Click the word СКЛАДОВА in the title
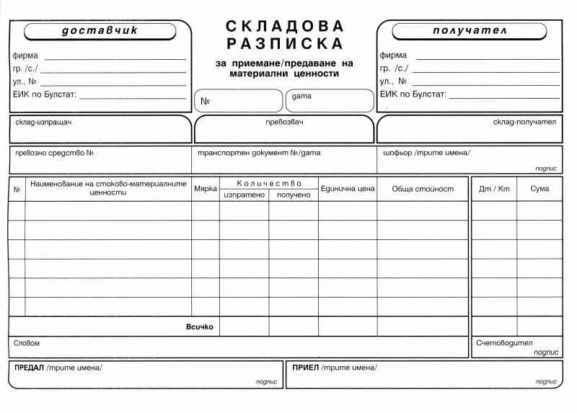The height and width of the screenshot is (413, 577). [x=285, y=26]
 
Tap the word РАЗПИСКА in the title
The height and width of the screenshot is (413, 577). [x=285, y=45]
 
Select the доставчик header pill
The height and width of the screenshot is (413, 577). [x=100, y=31]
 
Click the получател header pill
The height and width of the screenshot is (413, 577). [x=470, y=31]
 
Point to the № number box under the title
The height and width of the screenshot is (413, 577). [x=238, y=100]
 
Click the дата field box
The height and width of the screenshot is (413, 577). [x=330, y=100]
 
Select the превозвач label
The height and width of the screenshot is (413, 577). [x=284, y=122]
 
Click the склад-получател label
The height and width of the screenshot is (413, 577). [x=524, y=122]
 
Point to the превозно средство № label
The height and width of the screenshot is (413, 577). [x=55, y=153]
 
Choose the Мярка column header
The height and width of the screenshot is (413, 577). [x=206, y=189]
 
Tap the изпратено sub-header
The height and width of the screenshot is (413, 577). [x=245, y=195]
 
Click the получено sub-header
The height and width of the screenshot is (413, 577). [x=293, y=195]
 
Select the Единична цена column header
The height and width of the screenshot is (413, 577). [x=348, y=189]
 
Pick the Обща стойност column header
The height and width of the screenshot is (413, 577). [x=423, y=189]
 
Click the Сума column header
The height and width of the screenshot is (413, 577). [x=539, y=189]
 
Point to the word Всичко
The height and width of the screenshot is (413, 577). [x=200, y=327]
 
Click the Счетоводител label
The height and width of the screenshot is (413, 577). [x=503, y=343]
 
